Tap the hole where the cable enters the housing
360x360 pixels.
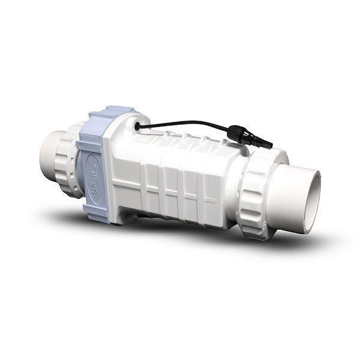pyautogui.click(x=139, y=127)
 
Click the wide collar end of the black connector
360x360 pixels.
pyautogui.click(x=236, y=132)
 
